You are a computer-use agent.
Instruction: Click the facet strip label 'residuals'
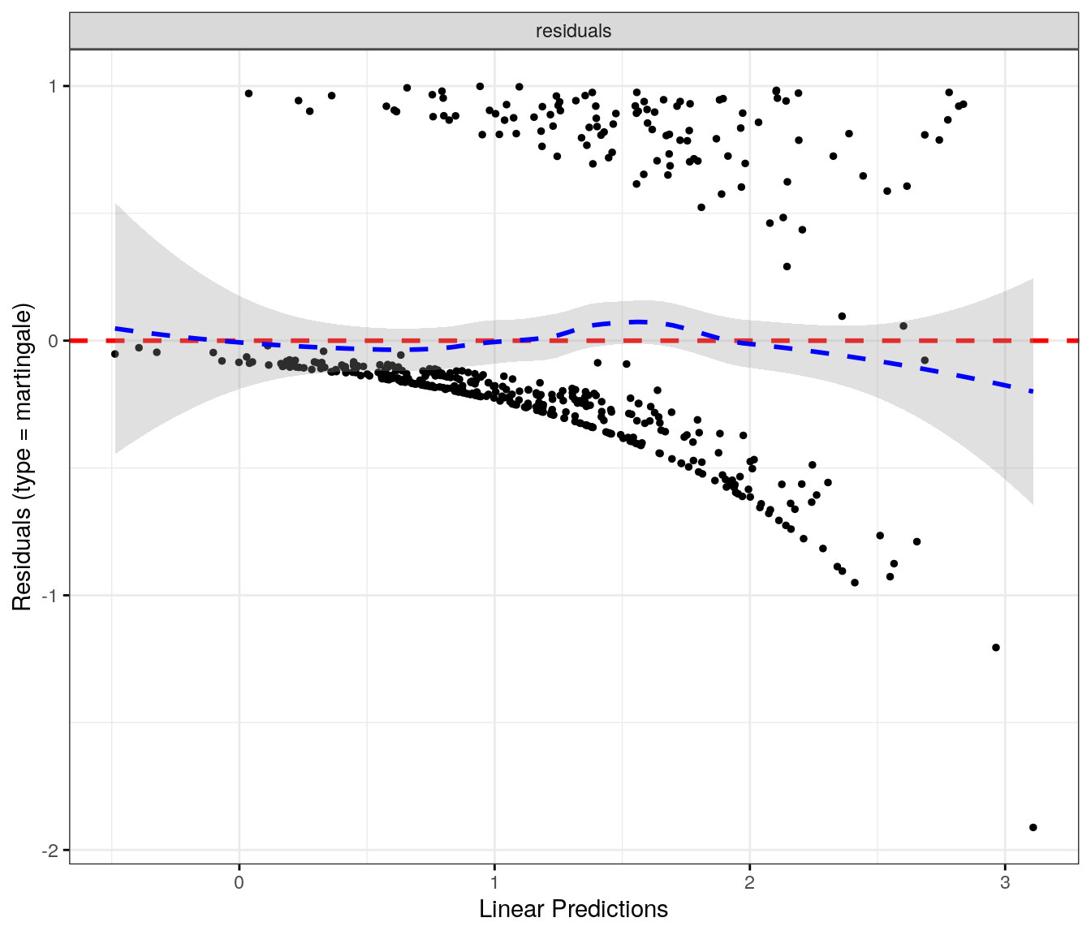(x=573, y=31)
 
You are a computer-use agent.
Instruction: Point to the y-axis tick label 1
(x=53, y=86)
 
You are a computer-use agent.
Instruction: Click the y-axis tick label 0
(x=53, y=341)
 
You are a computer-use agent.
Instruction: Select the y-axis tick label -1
(x=50, y=596)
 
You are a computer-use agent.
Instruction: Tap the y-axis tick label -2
(x=50, y=851)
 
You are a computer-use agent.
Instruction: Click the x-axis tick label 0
(x=239, y=882)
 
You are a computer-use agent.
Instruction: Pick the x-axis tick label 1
(x=494, y=882)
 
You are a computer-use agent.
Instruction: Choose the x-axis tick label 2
(x=749, y=882)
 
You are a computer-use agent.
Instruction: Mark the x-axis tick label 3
(x=1005, y=882)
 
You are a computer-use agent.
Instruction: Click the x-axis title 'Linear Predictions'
(x=573, y=909)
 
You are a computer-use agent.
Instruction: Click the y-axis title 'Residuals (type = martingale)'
(x=22, y=457)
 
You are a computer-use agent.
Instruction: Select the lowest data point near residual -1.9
(x=1033, y=827)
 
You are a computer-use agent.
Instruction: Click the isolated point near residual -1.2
(x=996, y=648)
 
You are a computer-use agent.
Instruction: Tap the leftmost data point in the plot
(x=115, y=354)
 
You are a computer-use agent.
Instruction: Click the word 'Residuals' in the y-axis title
(x=22, y=559)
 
